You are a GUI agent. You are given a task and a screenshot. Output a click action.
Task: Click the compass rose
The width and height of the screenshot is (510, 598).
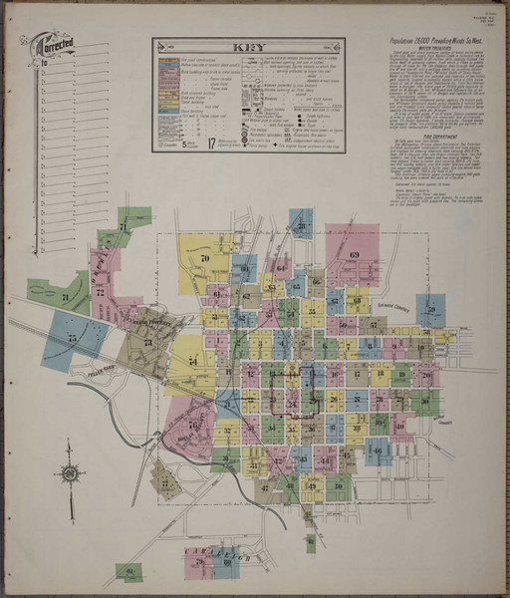tap(70, 473)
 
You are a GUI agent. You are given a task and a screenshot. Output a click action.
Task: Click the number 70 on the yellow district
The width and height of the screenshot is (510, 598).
tap(204, 258)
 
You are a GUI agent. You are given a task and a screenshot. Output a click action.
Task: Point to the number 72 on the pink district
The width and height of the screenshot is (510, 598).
tap(100, 292)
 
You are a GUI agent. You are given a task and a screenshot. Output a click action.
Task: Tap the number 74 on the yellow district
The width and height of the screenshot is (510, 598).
tap(192, 360)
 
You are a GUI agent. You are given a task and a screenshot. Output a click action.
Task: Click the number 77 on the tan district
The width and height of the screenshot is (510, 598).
tap(163, 482)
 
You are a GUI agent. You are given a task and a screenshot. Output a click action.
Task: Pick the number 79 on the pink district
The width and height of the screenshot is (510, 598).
tap(199, 563)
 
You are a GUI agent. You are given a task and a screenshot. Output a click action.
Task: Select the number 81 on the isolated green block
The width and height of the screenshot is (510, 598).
tap(128, 571)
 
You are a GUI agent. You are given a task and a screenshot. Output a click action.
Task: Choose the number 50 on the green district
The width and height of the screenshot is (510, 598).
tap(342, 324)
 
